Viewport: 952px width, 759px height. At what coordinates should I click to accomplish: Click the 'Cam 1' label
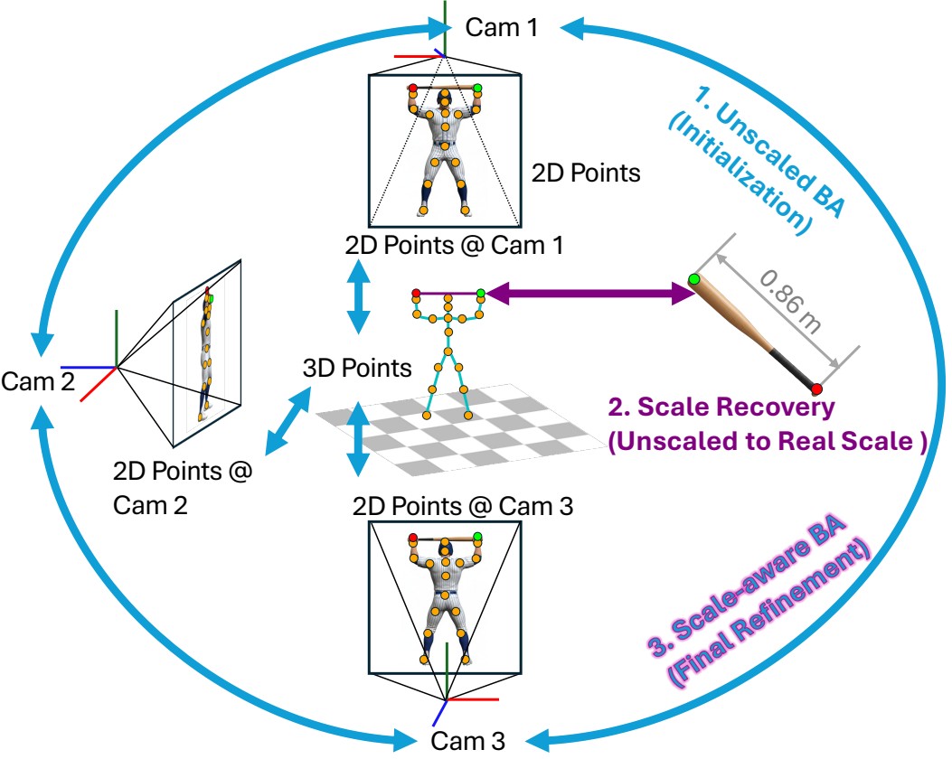(x=502, y=27)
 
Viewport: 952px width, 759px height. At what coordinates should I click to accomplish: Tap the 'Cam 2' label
(x=38, y=381)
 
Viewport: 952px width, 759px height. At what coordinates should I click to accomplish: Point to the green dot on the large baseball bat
(x=694, y=279)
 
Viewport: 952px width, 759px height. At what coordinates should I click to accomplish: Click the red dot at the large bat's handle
(x=816, y=389)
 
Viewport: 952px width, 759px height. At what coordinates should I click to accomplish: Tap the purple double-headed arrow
(x=588, y=293)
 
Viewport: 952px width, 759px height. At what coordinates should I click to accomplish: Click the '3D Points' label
(x=356, y=369)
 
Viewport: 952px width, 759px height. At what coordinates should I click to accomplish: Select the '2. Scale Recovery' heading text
(x=721, y=408)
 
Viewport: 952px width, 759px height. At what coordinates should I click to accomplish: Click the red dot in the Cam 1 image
(x=413, y=89)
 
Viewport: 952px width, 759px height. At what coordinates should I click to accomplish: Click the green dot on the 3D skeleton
(x=481, y=293)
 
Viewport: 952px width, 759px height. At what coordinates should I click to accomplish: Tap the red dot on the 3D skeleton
(x=416, y=293)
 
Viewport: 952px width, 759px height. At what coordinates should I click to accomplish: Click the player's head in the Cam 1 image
(x=445, y=98)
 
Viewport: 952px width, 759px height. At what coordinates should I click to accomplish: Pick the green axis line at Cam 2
(x=116, y=339)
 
